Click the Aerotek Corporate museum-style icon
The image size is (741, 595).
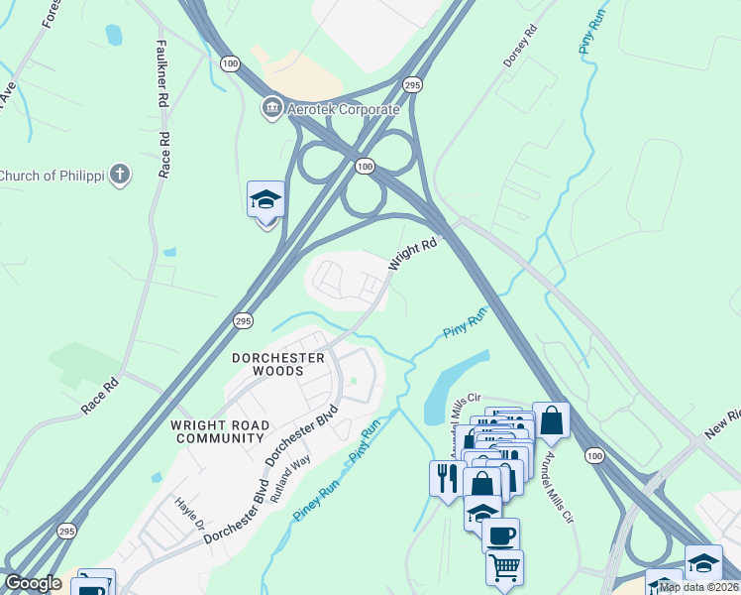[270, 107]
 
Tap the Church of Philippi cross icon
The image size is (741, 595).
[119, 176]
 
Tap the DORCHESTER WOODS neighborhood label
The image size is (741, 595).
[277, 364]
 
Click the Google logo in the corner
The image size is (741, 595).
[32, 583]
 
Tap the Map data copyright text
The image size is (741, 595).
[698, 587]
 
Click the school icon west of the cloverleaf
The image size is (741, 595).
[265, 200]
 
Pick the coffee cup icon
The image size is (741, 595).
[500, 535]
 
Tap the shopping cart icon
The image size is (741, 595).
[505, 568]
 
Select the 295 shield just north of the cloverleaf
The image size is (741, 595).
[413, 86]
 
